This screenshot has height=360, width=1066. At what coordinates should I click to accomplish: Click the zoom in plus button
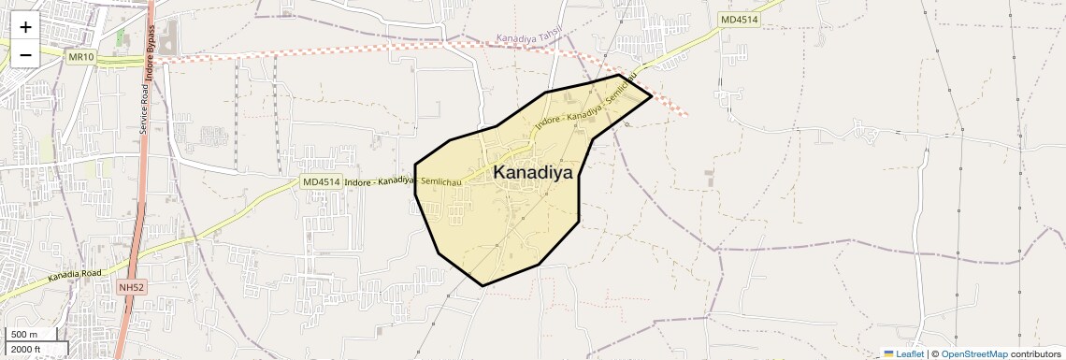25,27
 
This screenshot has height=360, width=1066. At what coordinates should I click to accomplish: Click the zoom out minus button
25,54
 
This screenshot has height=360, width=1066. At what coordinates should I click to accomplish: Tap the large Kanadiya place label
532,172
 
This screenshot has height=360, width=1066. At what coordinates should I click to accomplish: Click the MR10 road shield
81,57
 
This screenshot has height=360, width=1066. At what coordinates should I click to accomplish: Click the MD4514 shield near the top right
739,20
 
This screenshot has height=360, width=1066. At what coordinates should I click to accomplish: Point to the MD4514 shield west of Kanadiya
321,182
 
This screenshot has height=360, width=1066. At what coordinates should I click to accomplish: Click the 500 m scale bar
33,335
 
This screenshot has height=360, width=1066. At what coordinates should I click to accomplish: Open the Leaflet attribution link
910,353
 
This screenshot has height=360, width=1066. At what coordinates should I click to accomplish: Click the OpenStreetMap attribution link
973,353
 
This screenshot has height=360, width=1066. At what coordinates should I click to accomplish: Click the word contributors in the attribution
1035,353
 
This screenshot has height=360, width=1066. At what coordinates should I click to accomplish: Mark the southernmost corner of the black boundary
483,285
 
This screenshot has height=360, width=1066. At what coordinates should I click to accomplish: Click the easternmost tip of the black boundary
652,95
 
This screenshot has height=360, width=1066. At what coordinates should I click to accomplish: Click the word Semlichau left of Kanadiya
440,180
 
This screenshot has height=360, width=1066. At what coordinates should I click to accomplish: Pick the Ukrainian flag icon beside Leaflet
888,353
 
